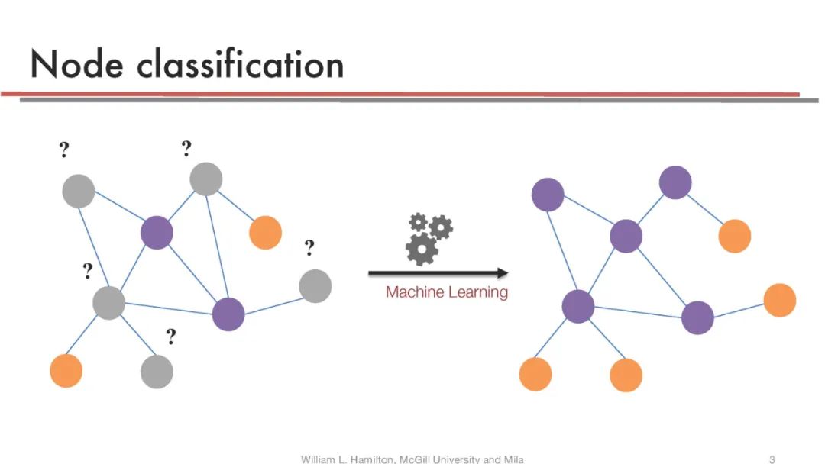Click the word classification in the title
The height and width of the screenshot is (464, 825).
click(x=241, y=65)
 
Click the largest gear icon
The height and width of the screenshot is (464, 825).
click(x=422, y=249)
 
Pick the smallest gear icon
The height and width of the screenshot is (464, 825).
click(x=418, y=222)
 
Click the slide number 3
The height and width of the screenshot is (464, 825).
click(x=772, y=459)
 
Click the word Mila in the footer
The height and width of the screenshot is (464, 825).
click(x=513, y=459)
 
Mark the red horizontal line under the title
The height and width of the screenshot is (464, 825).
click(x=397, y=94)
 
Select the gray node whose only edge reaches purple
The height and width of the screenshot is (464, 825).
click(x=315, y=286)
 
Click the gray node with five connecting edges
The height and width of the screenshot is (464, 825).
click(x=109, y=303)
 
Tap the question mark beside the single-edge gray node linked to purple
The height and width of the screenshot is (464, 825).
click(x=309, y=248)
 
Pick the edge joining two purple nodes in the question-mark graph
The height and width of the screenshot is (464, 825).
click(x=192, y=273)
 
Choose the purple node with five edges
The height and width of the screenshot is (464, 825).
click(x=578, y=307)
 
